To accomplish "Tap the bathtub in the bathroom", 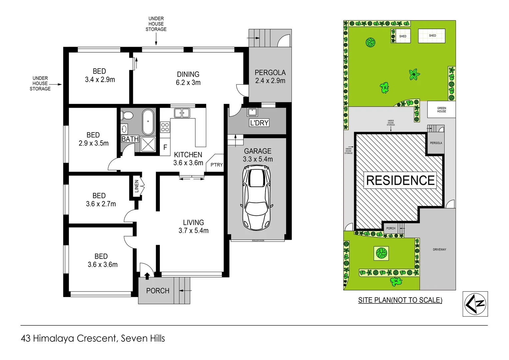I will [148, 122].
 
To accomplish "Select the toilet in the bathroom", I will [127, 115].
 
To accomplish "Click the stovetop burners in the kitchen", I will [165, 127].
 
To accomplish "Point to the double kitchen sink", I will [182, 113].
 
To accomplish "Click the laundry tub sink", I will [252, 112].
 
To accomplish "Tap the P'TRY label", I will [217, 165].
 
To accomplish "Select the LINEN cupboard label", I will [136, 186].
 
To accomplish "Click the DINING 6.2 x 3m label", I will [188, 78].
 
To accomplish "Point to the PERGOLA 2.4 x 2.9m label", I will [270, 77].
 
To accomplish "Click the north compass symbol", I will [475, 304].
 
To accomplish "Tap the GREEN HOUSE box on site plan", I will [441, 110].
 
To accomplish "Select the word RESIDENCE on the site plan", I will [400, 180].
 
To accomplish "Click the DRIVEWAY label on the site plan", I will [439, 249].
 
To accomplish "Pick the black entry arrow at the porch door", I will [147, 275].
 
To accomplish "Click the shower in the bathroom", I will [148, 144].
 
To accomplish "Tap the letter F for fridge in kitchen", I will [165, 147].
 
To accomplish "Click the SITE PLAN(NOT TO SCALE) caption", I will [400, 300].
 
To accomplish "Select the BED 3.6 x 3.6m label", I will [102, 260].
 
